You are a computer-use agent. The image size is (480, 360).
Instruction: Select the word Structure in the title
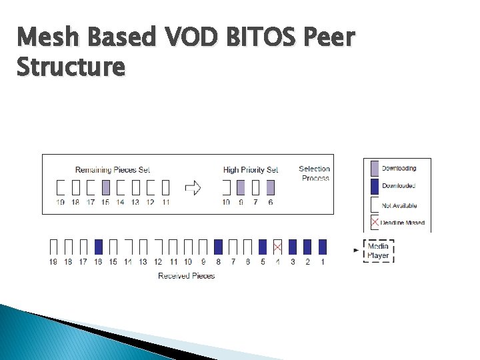70,67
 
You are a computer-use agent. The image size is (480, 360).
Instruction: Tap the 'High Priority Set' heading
251,170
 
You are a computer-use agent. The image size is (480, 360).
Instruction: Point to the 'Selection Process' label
314,173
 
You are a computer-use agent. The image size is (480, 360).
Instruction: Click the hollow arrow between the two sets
193,187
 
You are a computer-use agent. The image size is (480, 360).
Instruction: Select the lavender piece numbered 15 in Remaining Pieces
105,187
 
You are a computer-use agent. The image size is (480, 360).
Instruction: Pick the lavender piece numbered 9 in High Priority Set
241,187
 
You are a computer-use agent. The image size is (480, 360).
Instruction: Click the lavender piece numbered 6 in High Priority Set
270,187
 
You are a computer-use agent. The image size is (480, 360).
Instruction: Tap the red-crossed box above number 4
277,247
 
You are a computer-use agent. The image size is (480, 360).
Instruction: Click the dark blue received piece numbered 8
218,247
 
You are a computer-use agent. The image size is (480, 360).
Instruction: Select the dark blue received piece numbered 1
323,247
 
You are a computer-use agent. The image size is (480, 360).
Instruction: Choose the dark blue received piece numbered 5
263,247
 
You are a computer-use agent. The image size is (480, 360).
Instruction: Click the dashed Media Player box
378,251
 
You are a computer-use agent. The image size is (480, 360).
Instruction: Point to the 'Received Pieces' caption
186,276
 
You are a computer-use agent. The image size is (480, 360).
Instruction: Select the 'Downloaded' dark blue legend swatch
373,186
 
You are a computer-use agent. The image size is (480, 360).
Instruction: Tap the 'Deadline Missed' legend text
403,223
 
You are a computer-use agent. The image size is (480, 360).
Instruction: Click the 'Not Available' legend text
399,205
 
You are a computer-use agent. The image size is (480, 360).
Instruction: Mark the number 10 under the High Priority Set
226,202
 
